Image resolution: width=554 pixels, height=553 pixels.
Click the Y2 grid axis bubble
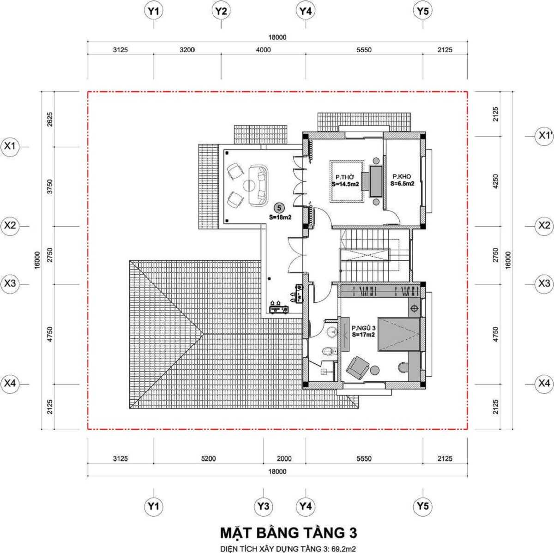[x=221, y=12]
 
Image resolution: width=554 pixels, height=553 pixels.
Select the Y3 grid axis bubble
[x=263, y=506]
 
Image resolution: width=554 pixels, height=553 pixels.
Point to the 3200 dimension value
[x=187, y=50]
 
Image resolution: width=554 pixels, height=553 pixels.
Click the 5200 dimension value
[x=208, y=458]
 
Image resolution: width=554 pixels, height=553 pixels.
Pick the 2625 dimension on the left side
[x=50, y=120]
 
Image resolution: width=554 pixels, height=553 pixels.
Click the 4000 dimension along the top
[x=264, y=50]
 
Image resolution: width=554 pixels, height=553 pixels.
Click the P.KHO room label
[x=402, y=177]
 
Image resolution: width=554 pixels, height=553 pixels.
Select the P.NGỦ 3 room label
[x=363, y=328]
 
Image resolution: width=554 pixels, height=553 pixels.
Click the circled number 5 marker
[x=278, y=208]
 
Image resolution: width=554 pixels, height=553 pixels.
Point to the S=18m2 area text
[x=280, y=216]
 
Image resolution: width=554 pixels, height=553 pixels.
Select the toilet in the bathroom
[x=328, y=352]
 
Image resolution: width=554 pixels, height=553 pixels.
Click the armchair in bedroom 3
[x=357, y=367]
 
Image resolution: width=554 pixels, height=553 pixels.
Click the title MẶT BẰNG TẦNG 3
[x=288, y=533]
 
